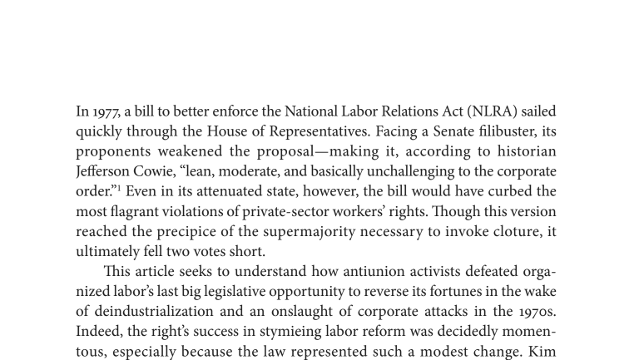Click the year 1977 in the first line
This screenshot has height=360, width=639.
coord(106,111)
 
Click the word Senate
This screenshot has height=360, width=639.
coord(448,131)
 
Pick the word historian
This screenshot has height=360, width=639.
coord(527,151)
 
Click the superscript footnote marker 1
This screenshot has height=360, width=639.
coord(119,188)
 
